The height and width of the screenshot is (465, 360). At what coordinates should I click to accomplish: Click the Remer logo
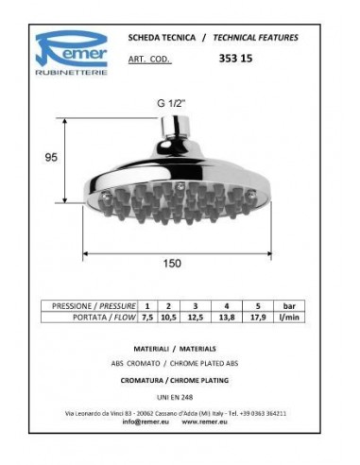click(71, 53)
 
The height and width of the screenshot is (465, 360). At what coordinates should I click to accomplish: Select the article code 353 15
click(235, 59)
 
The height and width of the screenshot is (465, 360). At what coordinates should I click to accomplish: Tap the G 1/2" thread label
click(170, 103)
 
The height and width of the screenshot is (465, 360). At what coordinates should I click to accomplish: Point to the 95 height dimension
click(51, 157)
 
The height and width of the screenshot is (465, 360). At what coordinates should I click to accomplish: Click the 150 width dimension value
click(172, 264)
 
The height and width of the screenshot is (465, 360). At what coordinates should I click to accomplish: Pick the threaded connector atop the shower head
click(175, 127)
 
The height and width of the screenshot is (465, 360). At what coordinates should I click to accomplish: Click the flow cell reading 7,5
click(147, 318)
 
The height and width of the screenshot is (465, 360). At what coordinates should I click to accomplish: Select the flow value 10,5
click(168, 318)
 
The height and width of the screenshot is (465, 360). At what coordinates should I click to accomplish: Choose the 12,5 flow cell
click(196, 318)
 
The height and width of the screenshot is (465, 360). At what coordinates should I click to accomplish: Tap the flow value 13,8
click(227, 318)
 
